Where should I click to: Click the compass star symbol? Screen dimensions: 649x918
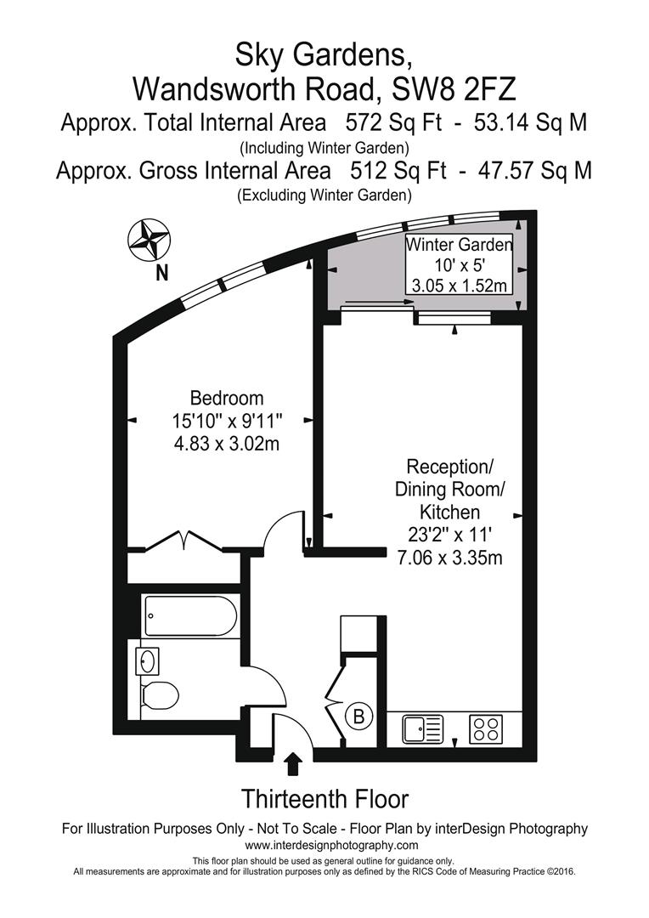click(150, 240)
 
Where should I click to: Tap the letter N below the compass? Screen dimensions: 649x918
click(162, 273)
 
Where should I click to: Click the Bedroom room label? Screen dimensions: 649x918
click(227, 398)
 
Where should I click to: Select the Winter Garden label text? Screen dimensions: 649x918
click(460, 244)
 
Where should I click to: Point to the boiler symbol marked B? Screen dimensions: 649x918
click(359, 716)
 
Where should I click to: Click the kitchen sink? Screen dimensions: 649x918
click(422, 729)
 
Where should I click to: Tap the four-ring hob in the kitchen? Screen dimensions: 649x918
click(486, 729)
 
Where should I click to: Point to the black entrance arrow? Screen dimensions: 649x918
click(293, 764)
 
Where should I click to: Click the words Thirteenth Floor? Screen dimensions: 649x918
click(324, 798)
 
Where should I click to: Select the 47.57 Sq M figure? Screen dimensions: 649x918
click(535, 170)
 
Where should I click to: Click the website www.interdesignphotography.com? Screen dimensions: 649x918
click(331, 845)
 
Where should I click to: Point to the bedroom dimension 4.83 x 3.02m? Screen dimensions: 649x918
click(227, 444)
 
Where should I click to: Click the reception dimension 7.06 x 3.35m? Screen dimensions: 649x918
click(449, 557)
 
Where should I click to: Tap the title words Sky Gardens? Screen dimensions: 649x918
click(321, 55)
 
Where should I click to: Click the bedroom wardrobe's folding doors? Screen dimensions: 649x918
click(183, 540)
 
